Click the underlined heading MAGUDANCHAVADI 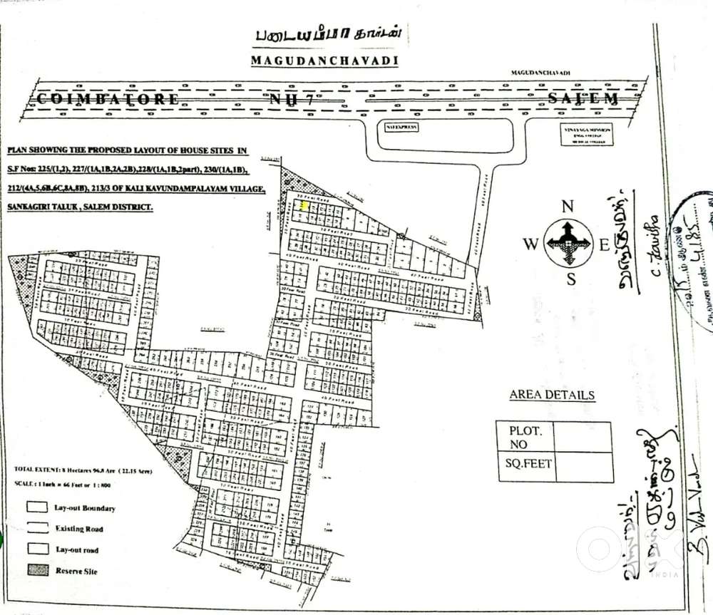pyautogui.click(x=324, y=61)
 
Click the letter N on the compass pyautogui.click(x=568, y=207)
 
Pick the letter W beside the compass pyautogui.click(x=530, y=244)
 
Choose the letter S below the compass pyautogui.click(x=570, y=279)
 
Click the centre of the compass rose pyautogui.click(x=568, y=243)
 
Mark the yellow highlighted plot pyautogui.click(x=304, y=205)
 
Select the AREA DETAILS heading pyautogui.click(x=552, y=395)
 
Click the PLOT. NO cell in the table pyautogui.click(x=525, y=437)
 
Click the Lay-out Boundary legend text pyautogui.click(x=85, y=508)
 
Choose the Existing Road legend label pyautogui.click(x=79, y=529)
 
